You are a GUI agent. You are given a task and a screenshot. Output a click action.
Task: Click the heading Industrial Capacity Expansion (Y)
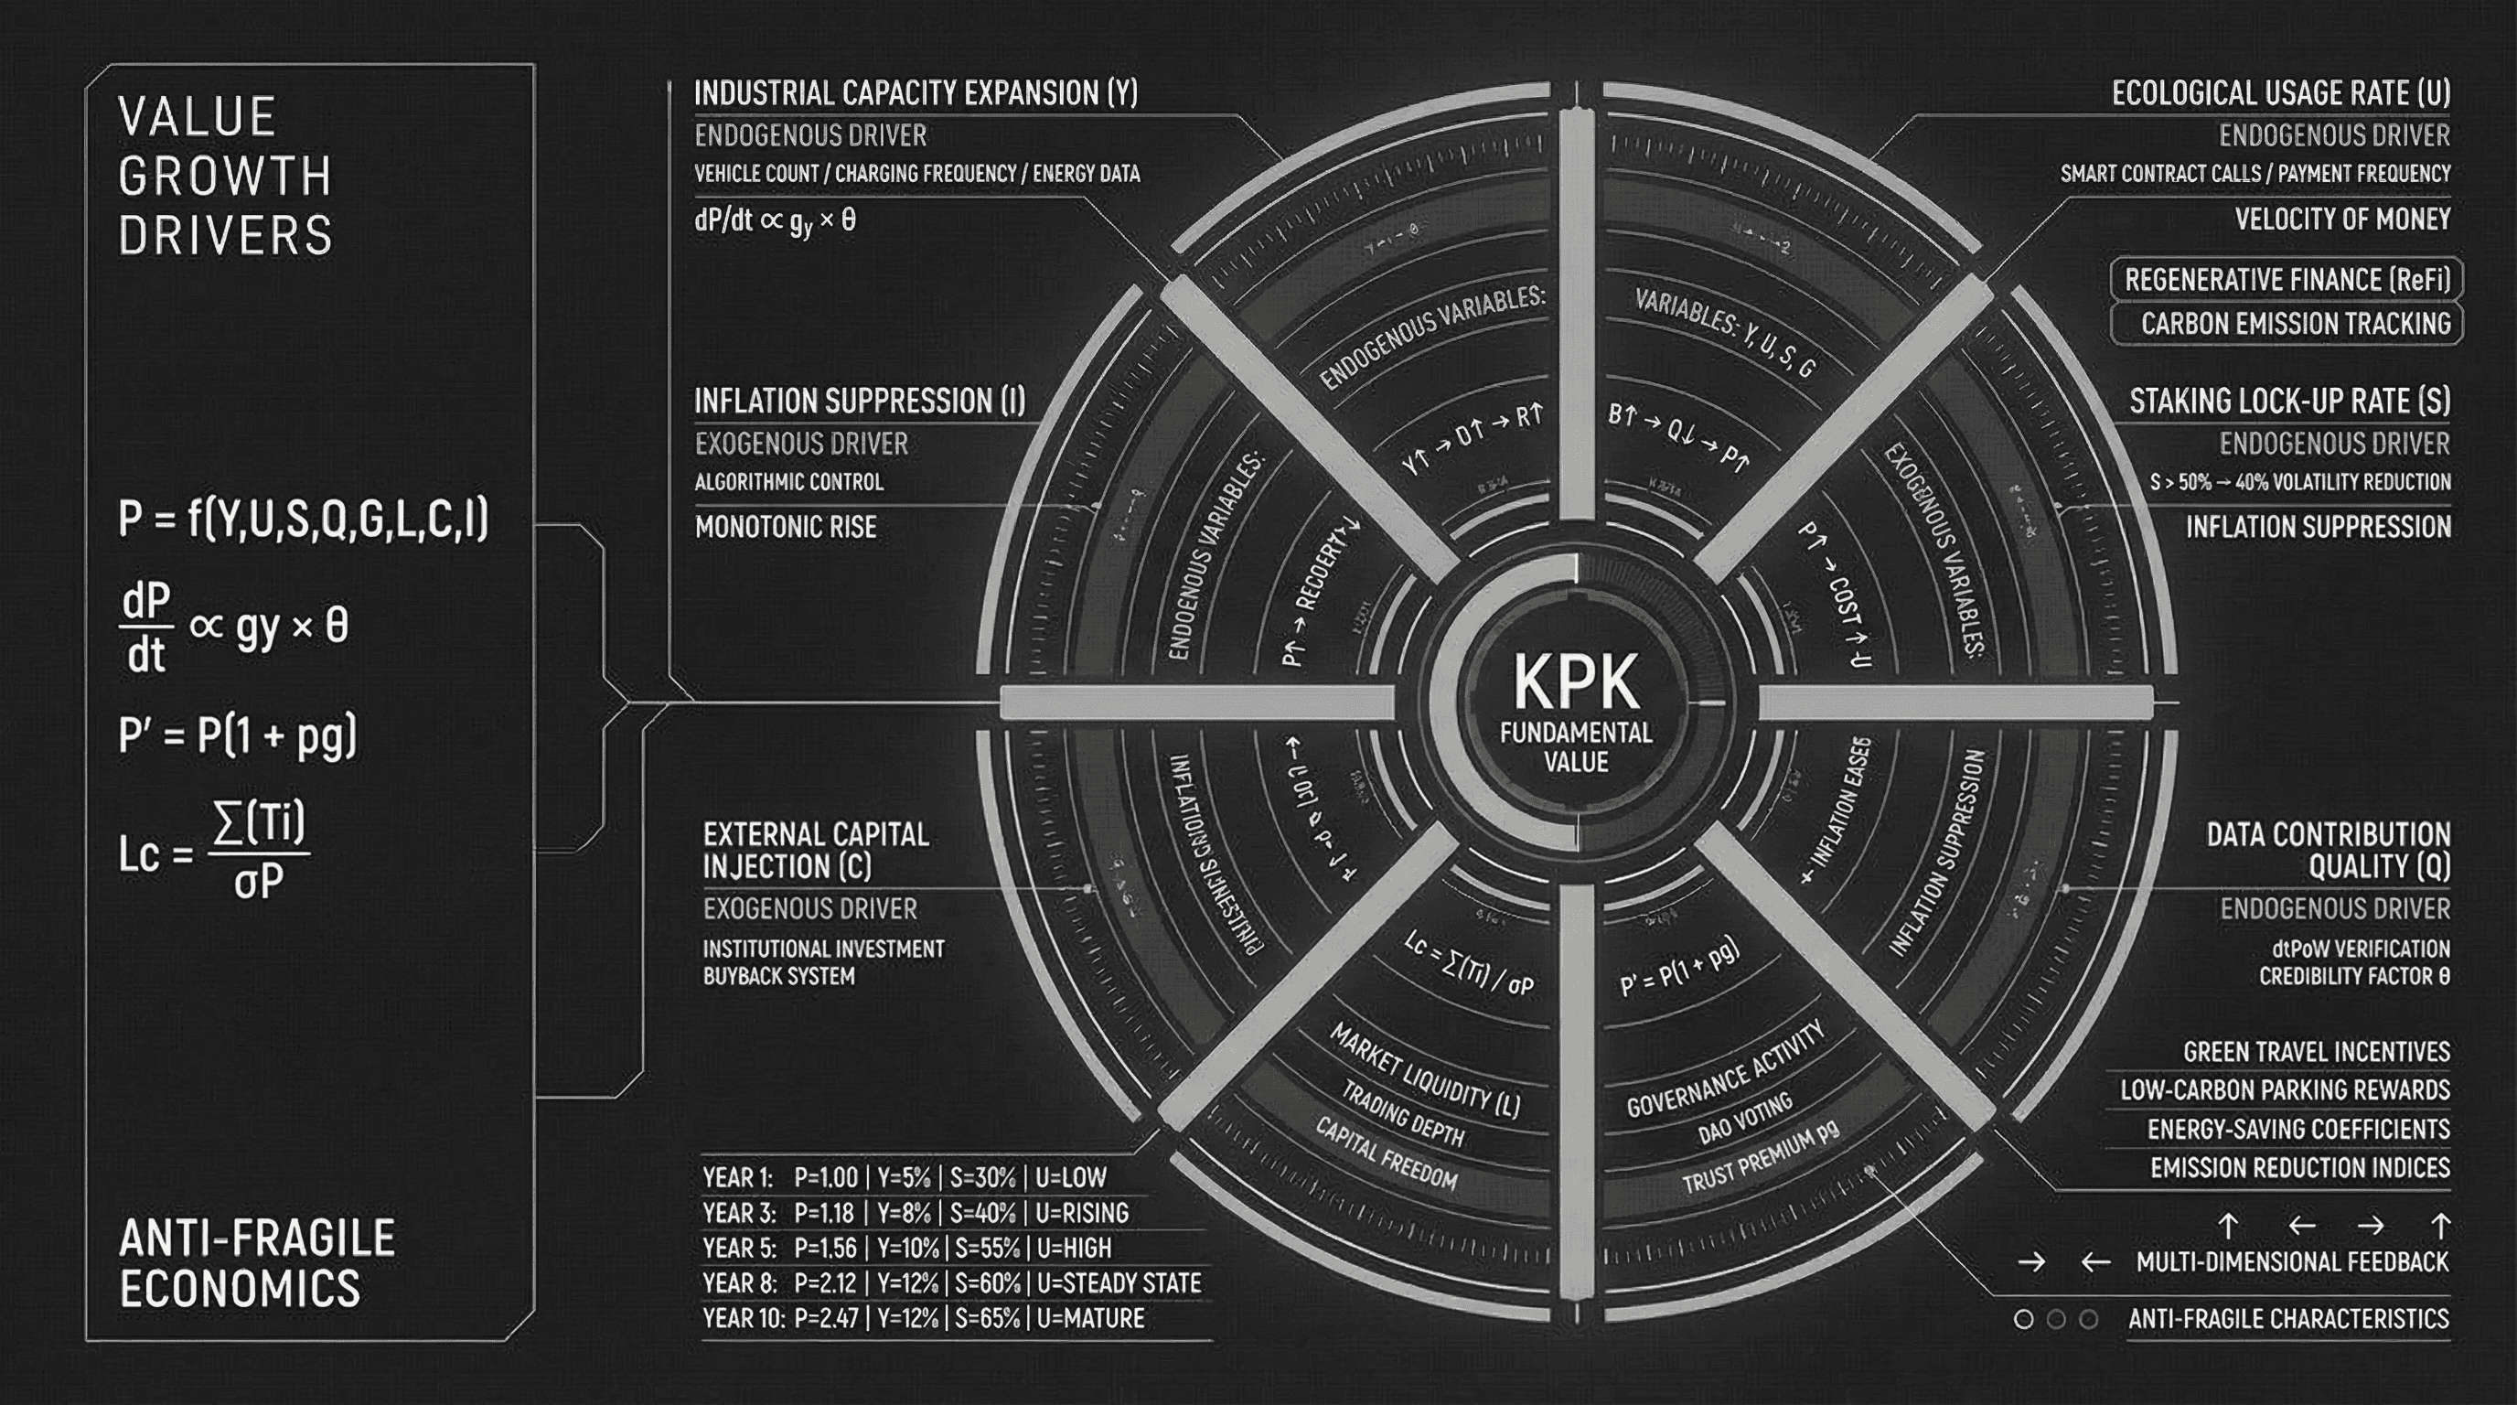click(916, 92)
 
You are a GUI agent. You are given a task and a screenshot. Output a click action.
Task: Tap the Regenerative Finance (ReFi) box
click(2287, 281)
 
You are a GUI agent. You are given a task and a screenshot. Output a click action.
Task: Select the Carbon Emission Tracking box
click(2287, 324)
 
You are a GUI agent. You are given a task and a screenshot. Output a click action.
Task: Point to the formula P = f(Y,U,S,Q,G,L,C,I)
click(303, 518)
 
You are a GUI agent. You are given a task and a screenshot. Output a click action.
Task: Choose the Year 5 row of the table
click(906, 1248)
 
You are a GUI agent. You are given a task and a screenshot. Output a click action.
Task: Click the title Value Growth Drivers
click(225, 176)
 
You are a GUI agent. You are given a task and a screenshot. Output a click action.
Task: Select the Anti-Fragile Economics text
click(256, 1262)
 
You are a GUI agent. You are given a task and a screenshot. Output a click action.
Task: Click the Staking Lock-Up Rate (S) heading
click(2289, 401)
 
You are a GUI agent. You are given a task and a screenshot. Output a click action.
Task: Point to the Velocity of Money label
click(2342, 219)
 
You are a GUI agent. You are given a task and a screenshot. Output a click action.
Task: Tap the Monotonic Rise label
click(786, 527)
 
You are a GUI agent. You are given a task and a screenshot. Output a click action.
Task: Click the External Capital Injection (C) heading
click(816, 850)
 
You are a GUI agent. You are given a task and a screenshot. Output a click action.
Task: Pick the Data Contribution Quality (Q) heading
click(2328, 850)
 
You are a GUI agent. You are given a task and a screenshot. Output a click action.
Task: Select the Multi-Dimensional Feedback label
click(2292, 1261)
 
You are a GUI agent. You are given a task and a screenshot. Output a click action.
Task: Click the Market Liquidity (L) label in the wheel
click(1424, 1071)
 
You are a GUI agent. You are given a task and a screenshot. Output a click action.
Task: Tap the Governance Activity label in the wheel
click(1725, 1069)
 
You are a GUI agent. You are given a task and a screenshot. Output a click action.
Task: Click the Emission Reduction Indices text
click(2299, 1167)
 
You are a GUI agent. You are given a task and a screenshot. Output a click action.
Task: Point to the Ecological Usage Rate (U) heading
click(2280, 92)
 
